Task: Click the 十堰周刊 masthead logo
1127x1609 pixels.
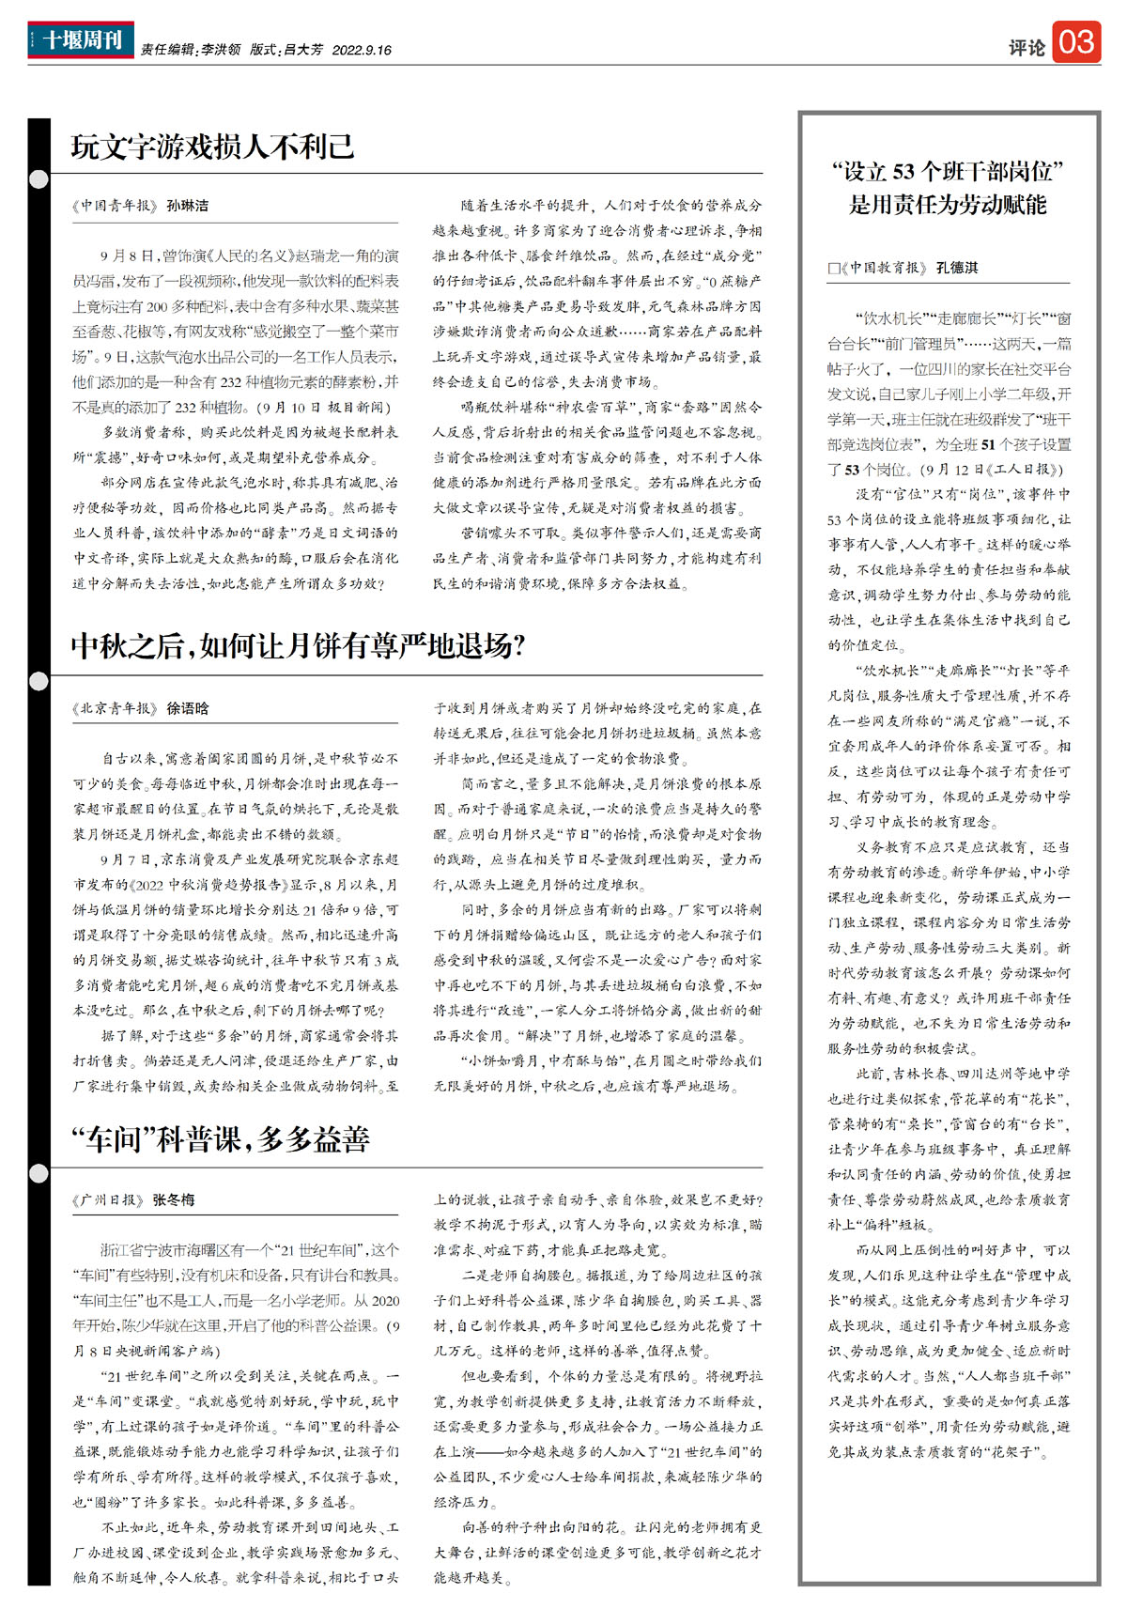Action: coord(81,40)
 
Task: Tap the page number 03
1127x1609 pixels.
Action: coord(1076,42)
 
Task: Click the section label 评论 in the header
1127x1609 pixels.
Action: coord(1027,47)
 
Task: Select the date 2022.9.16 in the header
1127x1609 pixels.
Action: coord(362,50)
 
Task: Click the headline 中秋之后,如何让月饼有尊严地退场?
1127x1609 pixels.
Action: coord(298,646)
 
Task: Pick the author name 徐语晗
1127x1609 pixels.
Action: coord(188,708)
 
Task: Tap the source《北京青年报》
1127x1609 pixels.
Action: coord(115,708)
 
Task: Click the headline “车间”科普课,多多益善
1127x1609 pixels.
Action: coord(221,1139)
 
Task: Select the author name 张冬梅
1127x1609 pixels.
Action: coord(174,1199)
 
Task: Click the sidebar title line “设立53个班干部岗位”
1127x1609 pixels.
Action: coord(948,171)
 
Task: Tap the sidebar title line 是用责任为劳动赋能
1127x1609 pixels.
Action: coord(948,205)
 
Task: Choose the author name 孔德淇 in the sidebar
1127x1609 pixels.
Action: coord(957,268)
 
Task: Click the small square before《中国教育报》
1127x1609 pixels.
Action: coord(833,269)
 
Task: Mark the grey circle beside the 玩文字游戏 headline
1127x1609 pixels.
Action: coord(39,179)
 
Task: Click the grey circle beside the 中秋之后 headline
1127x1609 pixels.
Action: coord(39,681)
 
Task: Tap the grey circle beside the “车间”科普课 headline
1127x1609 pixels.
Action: coord(39,1172)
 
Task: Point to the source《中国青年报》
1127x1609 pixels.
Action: coord(115,206)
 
